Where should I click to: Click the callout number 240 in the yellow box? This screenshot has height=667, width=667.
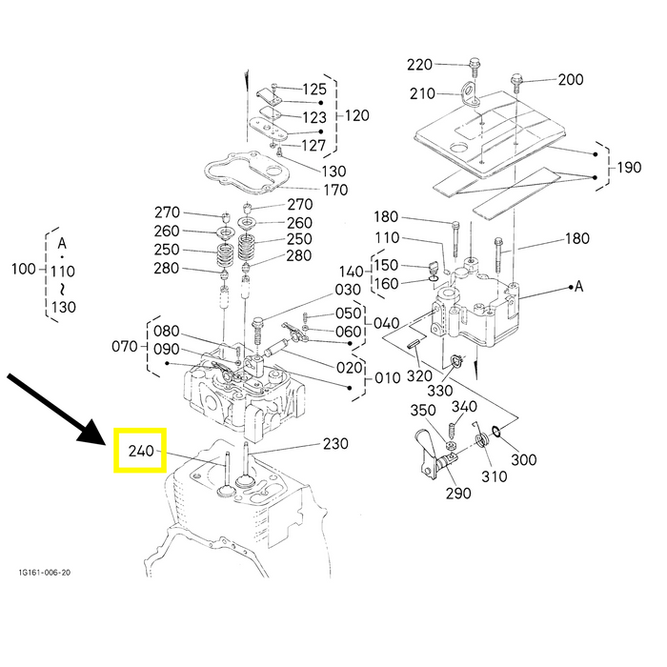coord(141,451)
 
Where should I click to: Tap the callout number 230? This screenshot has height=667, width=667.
coord(335,444)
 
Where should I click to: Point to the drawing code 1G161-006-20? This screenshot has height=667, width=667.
coord(44,573)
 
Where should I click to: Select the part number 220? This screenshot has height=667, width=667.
coord(419,65)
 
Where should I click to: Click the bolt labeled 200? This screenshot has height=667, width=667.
coord(516,84)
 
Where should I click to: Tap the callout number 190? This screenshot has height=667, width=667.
coord(629,167)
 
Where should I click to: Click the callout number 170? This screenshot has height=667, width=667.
coord(335,190)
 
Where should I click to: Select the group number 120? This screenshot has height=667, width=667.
coord(356,115)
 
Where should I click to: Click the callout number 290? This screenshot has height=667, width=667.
coord(458,493)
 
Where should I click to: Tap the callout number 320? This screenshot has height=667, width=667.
coord(419,376)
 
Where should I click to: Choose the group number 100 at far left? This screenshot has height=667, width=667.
coord(24,269)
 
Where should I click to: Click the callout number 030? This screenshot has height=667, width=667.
coord(348,290)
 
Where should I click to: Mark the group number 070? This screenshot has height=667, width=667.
coord(125,346)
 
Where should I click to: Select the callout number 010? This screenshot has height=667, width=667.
coord(388,377)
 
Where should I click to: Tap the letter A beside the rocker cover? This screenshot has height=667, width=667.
coord(578,286)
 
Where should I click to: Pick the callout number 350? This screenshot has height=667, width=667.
coord(423,410)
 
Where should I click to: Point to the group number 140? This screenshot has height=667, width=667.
coord(351,272)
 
